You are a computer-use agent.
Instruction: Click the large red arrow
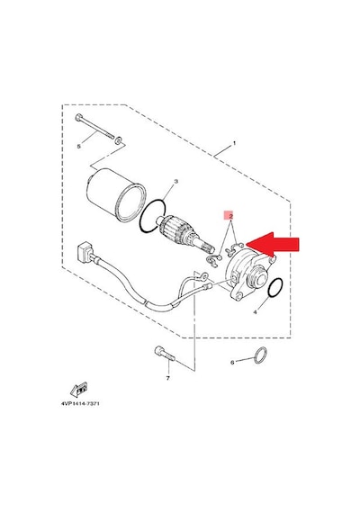point(273,245)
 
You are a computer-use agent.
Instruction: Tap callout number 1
point(234,143)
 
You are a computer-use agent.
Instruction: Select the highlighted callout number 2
point(230,216)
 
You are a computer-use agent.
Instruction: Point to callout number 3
point(175,182)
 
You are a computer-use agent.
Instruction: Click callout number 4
point(255,312)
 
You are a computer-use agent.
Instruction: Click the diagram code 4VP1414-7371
point(80,404)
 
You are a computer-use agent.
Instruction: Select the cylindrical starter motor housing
point(114,194)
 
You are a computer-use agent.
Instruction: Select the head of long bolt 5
point(78,117)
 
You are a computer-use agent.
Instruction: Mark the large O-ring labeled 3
point(152,216)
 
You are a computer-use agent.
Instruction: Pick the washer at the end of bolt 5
point(118,140)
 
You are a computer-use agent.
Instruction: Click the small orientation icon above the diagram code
point(79,390)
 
